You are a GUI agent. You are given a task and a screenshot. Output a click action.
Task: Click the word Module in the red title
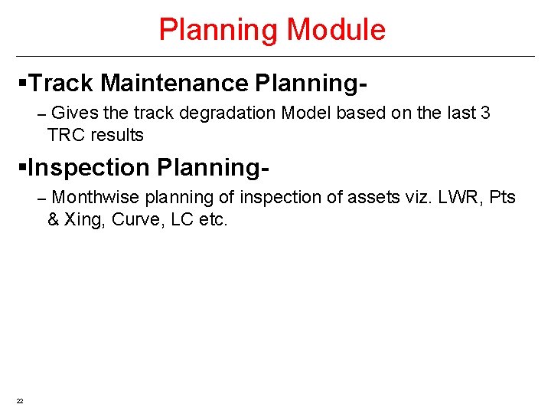click(x=336, y=30)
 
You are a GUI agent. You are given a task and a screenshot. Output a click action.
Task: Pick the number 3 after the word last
click(x=485, y=113)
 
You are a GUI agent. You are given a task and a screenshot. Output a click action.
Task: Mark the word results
click(x=117, y=136)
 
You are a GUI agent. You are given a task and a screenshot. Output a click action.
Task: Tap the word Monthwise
click(x=96, y=198)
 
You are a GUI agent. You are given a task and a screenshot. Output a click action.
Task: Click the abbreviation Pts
click(x=503, y=198)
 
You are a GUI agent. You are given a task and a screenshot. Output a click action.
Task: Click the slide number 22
click(x=20, y=401)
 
